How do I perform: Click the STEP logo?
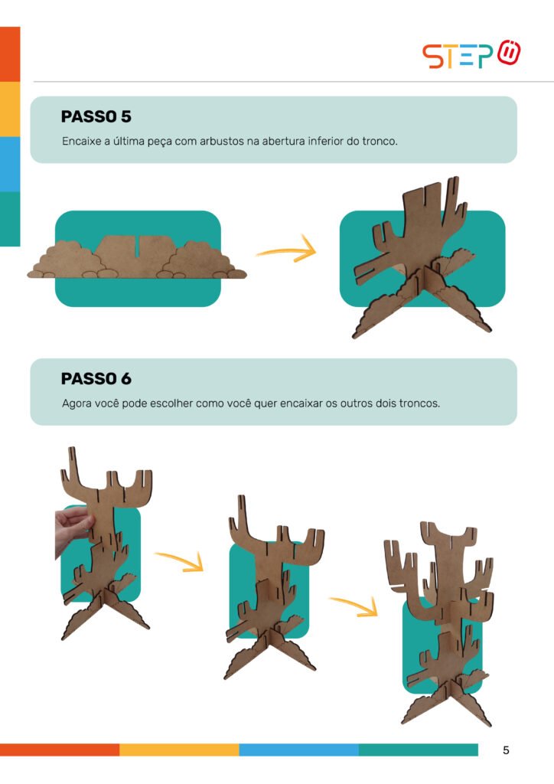point(471,54)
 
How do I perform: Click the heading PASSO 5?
point(96,116)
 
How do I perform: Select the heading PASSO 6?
point(96,378)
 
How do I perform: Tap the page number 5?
point(506,750)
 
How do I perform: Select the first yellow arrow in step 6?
point(180,561)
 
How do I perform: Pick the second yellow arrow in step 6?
point(355,606)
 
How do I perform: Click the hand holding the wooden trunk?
point(73,529)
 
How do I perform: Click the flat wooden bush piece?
point(136,256)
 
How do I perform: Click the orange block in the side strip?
point(10,54)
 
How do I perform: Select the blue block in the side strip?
point(10,164)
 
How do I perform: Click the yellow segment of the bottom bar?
point(179,750)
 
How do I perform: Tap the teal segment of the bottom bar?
point(418,750)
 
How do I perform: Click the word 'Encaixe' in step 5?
point(81,141)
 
